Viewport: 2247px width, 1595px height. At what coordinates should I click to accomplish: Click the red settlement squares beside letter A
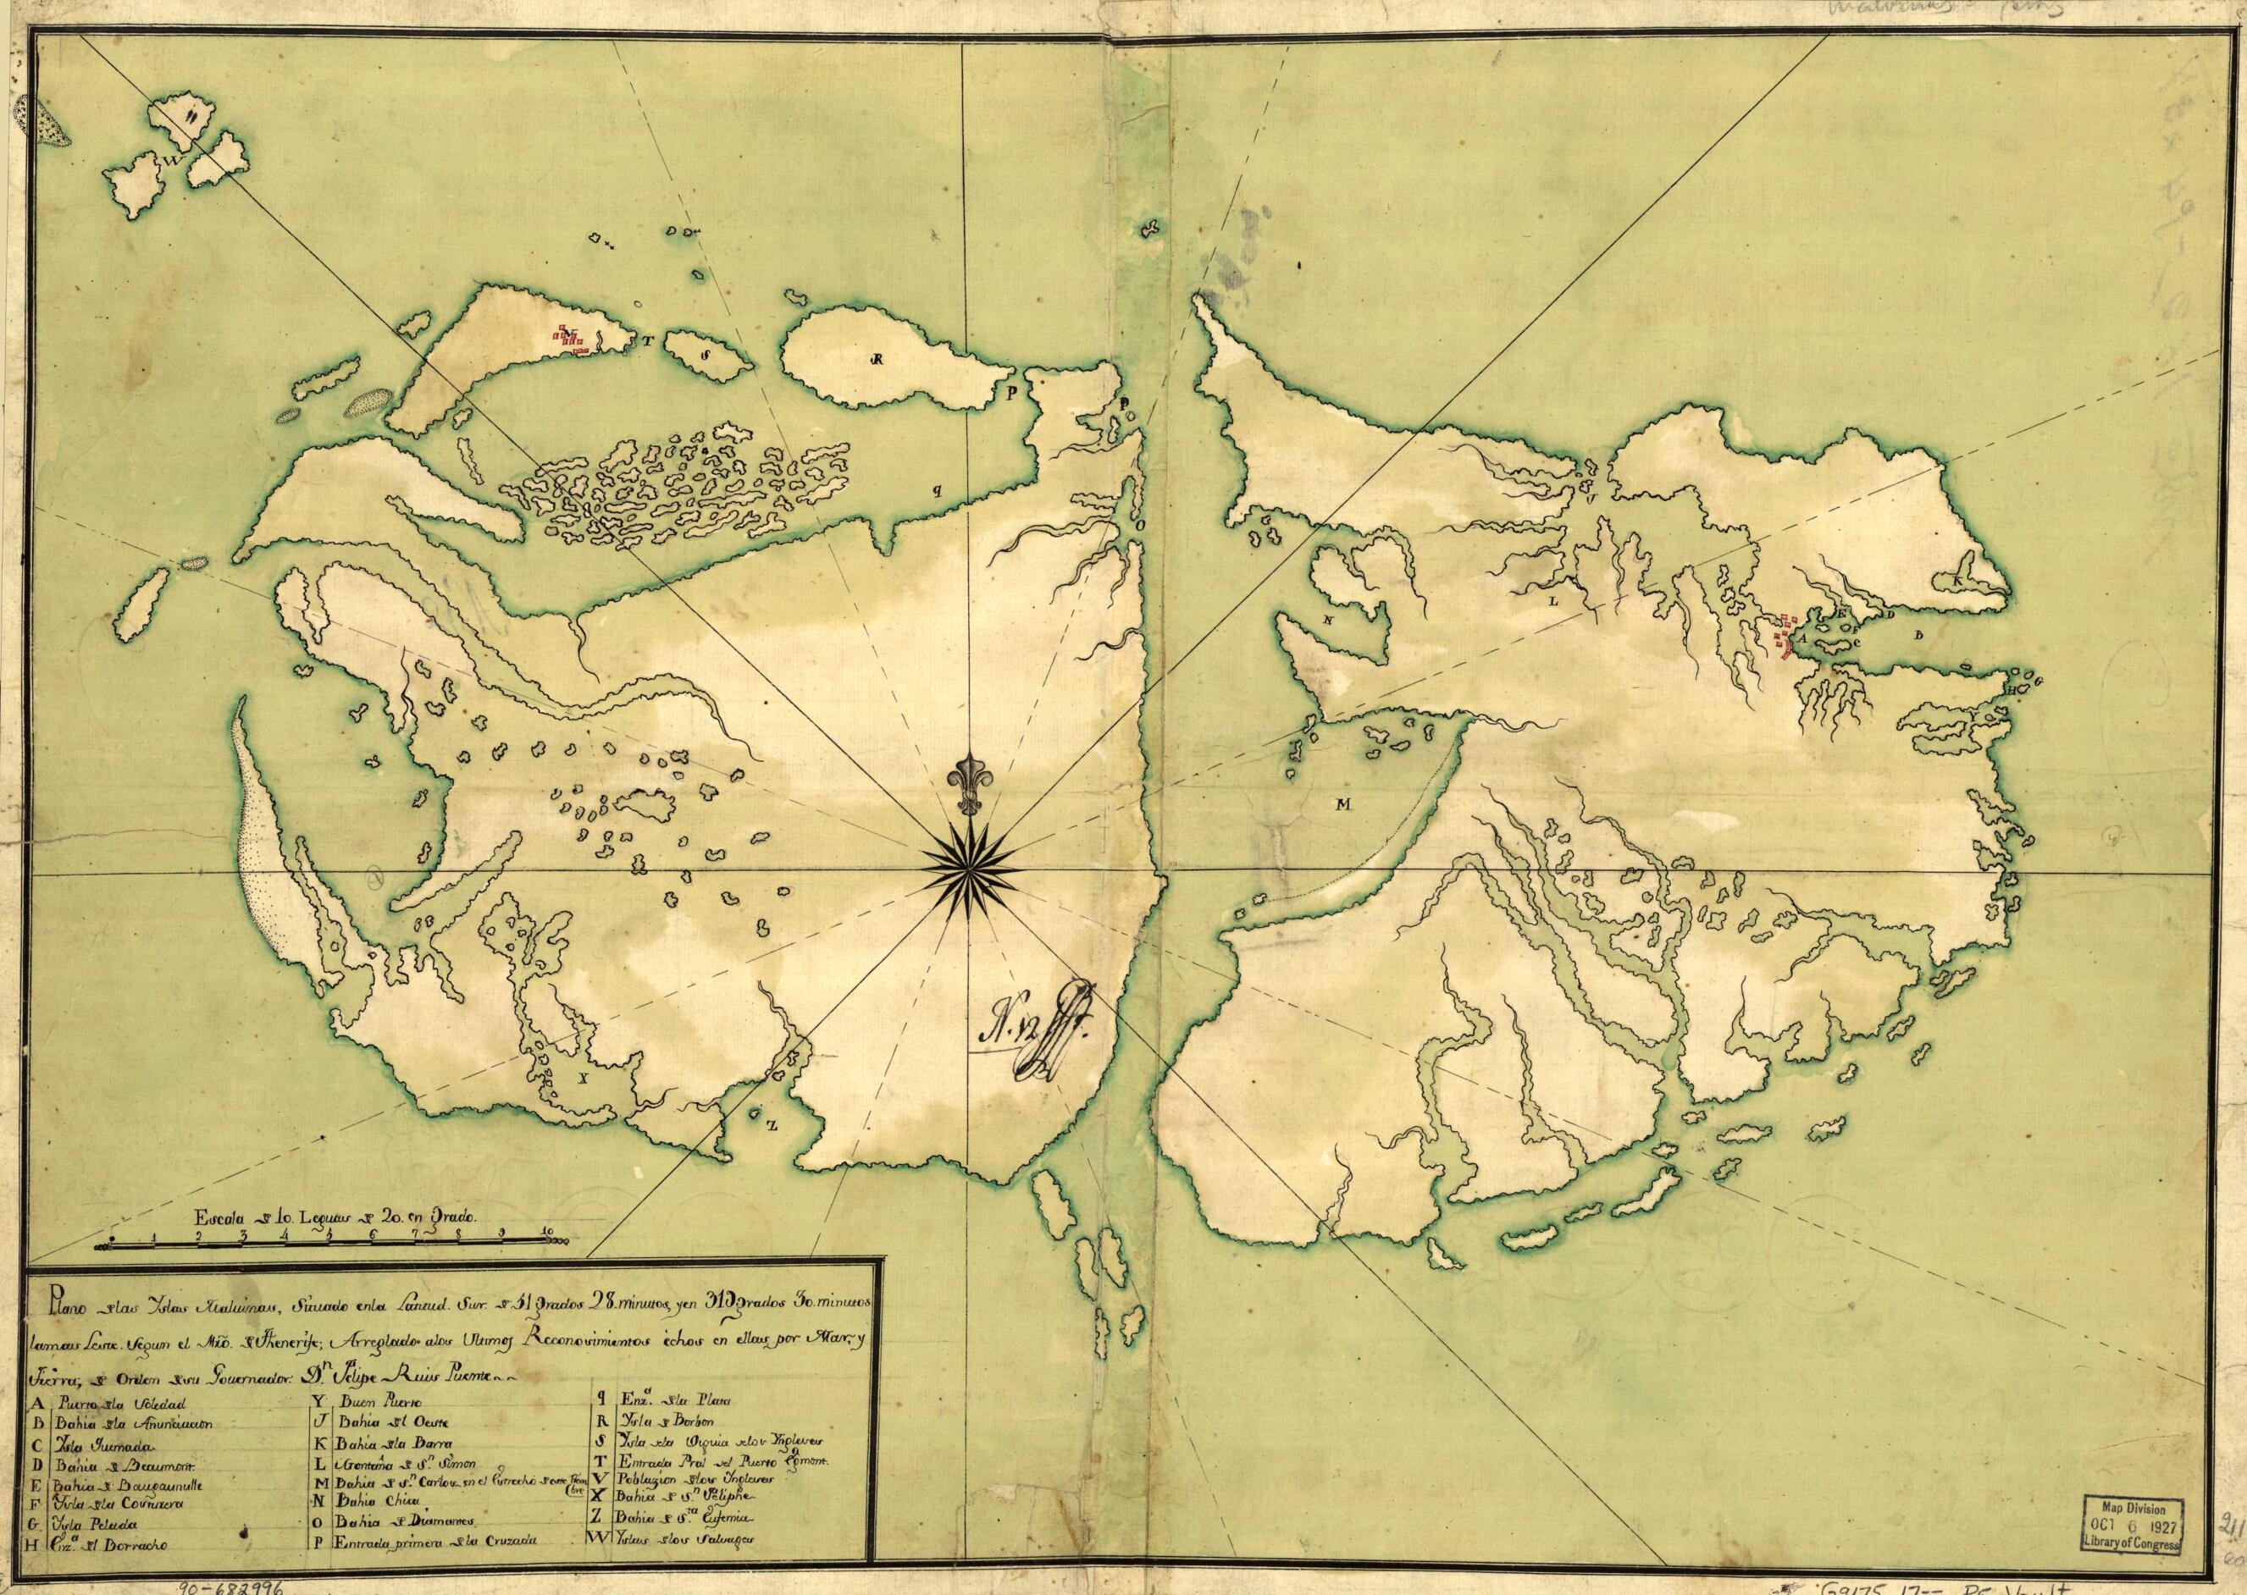1785,634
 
